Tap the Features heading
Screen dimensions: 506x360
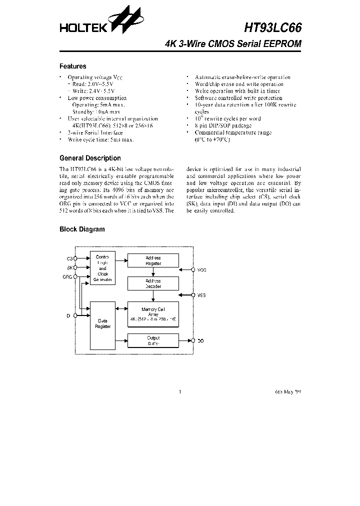73,66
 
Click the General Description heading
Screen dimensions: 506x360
90,158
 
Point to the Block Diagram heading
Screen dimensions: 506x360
82,229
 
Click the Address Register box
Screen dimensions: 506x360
153,260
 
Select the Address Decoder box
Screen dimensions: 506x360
153,283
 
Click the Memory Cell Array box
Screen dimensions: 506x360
153,314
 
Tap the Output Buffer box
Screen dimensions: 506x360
153,341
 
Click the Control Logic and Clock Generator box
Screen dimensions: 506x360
103,268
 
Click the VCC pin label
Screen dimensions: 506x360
201,270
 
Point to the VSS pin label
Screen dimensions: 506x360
201,295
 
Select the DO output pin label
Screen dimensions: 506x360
200,340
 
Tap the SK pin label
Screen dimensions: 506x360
69,268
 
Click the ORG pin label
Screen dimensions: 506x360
67,276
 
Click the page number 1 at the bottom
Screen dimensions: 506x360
179,391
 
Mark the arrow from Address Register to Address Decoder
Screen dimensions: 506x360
153,272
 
